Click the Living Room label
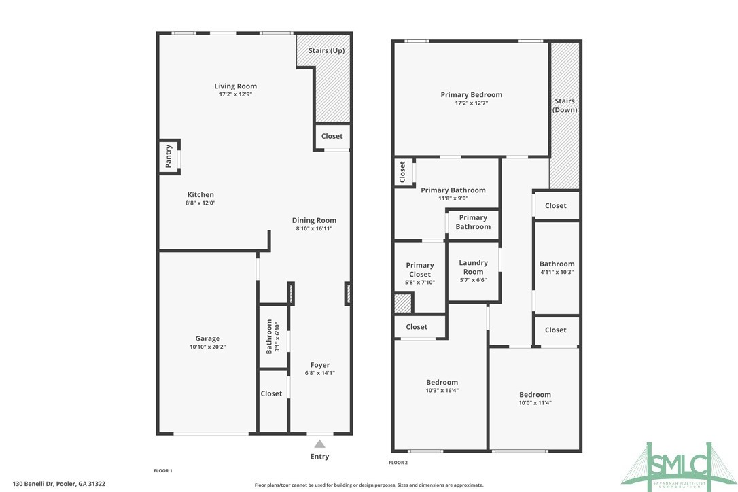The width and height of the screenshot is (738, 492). point(235,86)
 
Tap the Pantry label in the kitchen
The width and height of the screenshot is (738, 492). point(169,156)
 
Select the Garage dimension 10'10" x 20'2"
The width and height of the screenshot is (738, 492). point(208,347)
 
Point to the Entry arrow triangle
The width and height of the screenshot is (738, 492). point(319,444)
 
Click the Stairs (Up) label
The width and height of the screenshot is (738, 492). point(326,51)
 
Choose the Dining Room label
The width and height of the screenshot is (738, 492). point(314,220)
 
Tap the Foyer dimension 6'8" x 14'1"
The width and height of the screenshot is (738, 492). point(319,373)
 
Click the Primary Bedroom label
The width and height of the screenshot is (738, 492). point(471,95)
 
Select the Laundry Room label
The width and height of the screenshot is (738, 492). point(473,267)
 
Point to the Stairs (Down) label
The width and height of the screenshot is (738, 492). point(565,105)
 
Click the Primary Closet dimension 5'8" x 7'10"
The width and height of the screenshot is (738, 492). point(420,282)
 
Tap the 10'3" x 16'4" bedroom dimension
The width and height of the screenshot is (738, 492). point(442,390)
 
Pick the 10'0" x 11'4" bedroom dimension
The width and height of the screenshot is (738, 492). point(535,403)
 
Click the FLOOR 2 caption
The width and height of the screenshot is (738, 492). point(398,463)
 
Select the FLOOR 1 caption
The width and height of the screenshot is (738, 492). point(163,470)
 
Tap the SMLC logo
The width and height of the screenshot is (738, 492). point(680,465)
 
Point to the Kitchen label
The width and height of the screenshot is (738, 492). point(200,195)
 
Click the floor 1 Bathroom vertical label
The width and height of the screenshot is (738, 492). point(269,336)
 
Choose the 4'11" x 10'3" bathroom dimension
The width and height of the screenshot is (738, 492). point(557,272)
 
